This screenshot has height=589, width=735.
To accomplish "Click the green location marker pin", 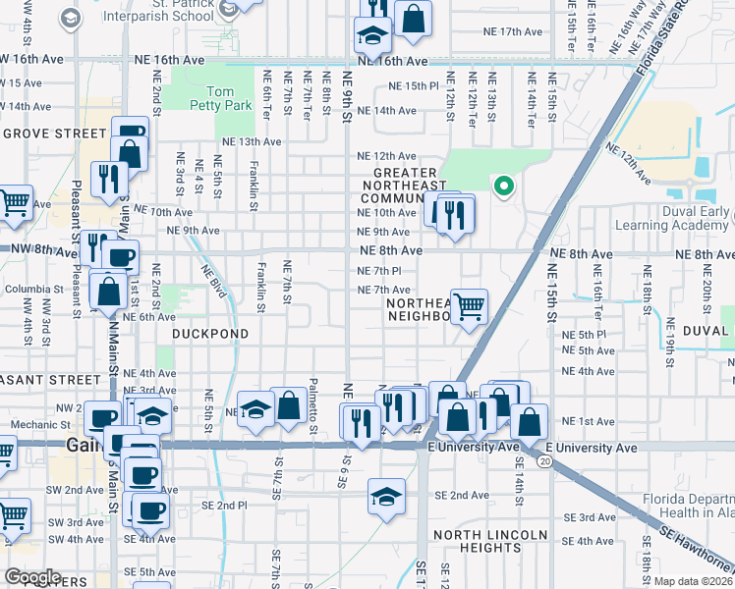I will click(504, 185).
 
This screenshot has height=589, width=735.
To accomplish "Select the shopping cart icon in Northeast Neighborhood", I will click(469, 306).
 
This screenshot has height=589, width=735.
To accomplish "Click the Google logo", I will click(32, 576).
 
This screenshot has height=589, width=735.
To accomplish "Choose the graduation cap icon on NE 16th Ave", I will click(373, 35).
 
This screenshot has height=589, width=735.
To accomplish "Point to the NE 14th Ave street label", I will click(386, 110).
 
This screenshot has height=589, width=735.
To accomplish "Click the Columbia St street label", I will click(33, 289).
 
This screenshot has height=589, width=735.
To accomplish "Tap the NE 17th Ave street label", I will click(513, 31).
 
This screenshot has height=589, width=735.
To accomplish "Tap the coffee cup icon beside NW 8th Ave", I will click(121, 258).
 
